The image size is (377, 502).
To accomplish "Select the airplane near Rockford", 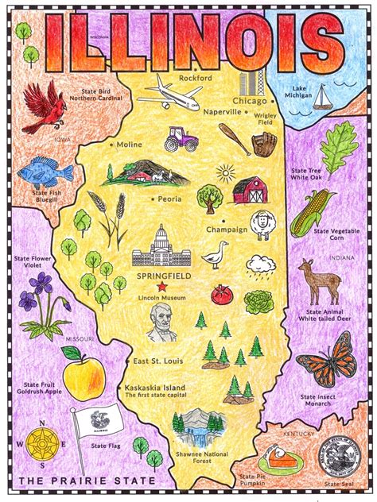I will (x=169, y=95).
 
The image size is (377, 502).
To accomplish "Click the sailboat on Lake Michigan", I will (x=322, y=98).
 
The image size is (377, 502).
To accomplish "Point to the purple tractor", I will (x=181, y=141).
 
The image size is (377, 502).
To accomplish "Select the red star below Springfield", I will (x=162, y=286).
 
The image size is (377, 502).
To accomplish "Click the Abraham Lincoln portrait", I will (x=161, y=322).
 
